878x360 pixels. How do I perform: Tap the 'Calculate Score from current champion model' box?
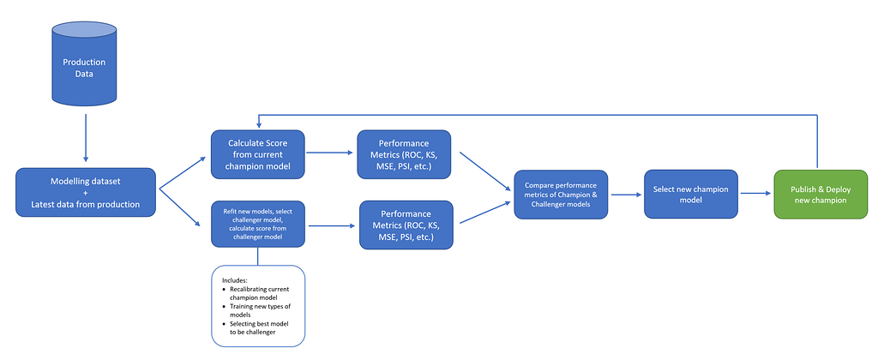257,154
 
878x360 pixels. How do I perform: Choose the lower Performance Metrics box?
406,225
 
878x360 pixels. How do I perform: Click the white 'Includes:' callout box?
259,307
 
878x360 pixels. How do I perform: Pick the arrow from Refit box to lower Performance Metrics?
331,225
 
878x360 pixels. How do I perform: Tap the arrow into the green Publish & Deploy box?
755,194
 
